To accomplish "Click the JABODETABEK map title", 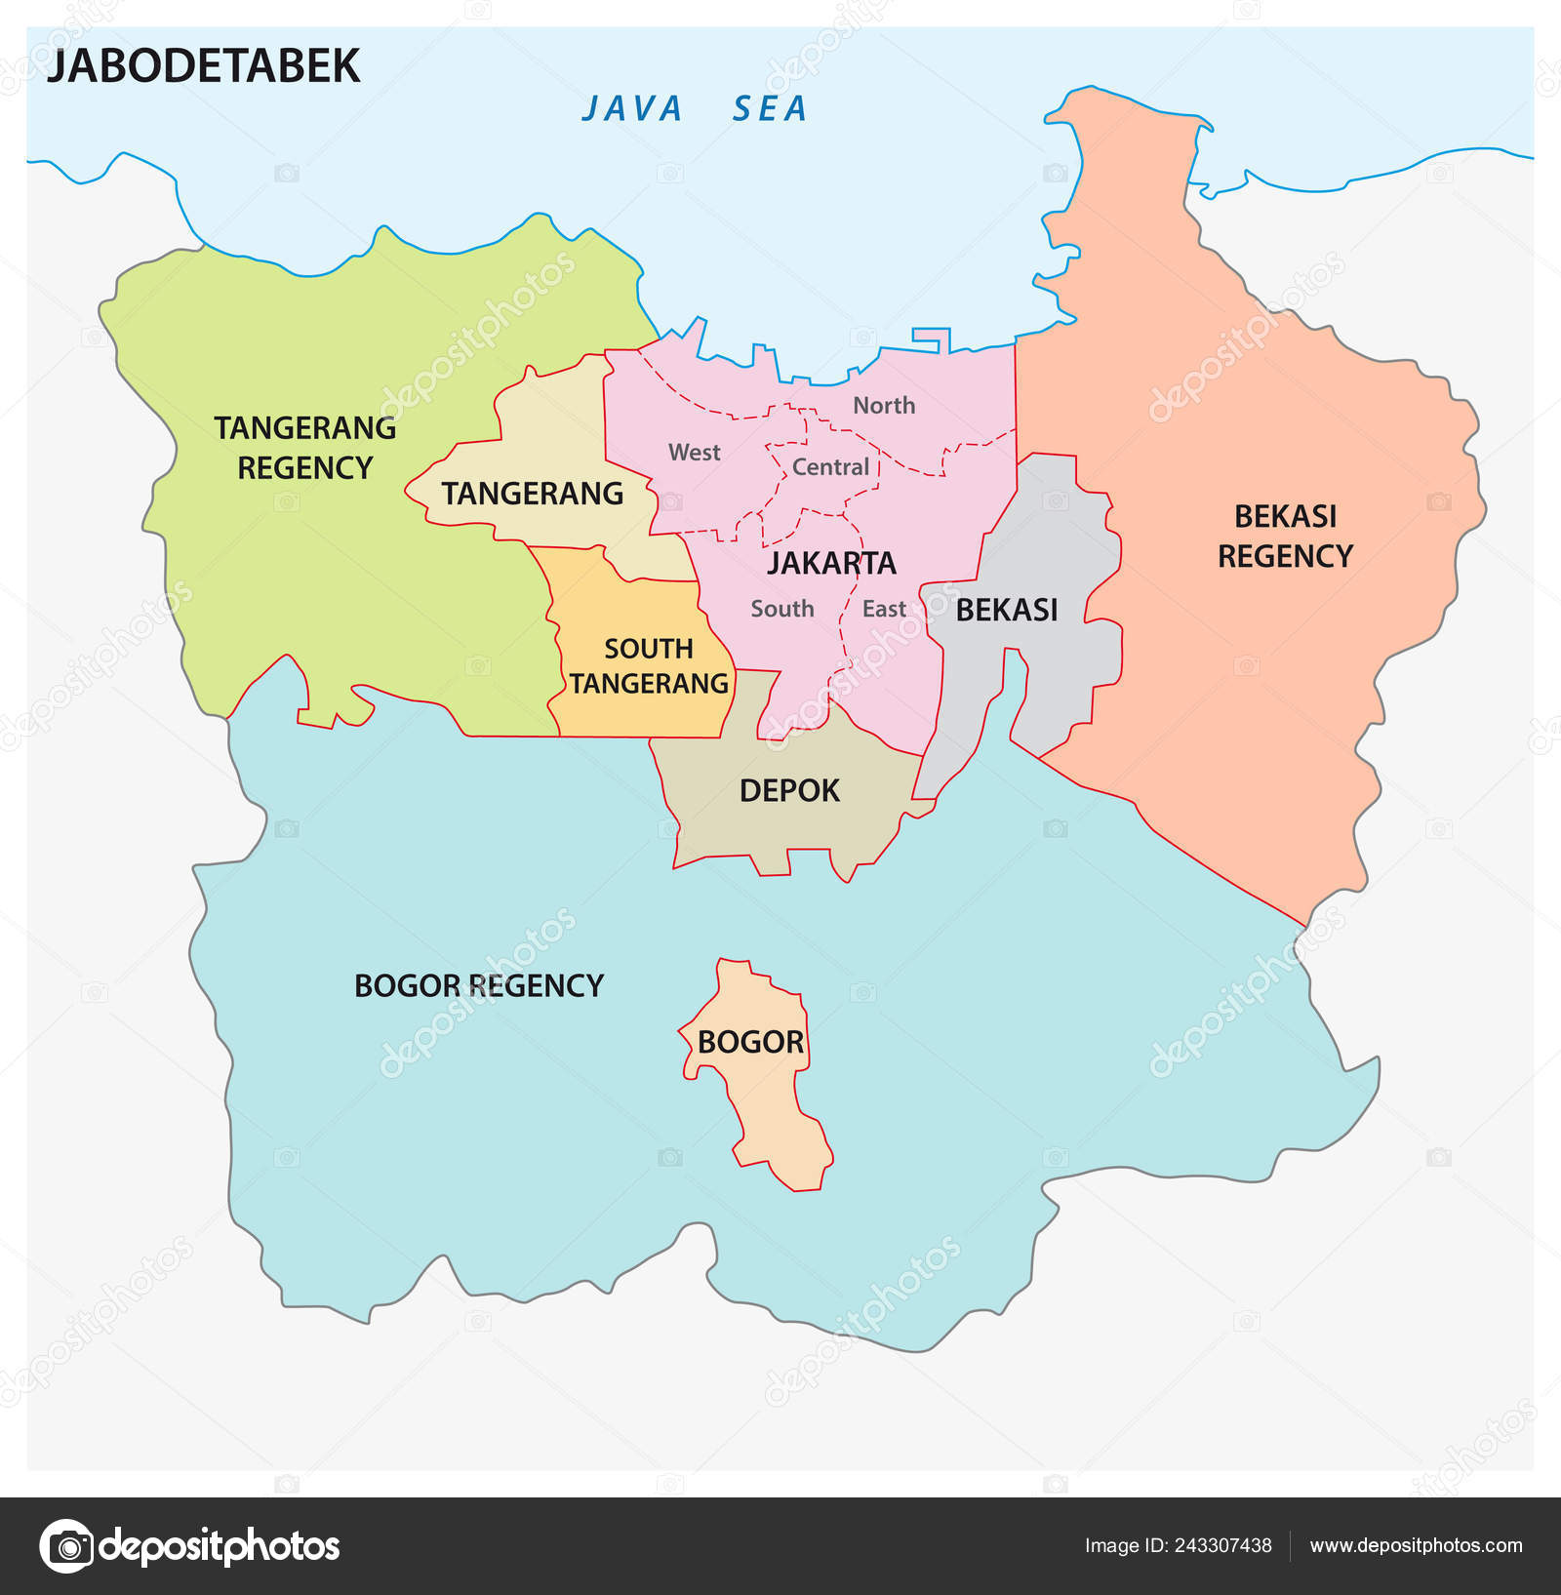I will [x=204, y=66].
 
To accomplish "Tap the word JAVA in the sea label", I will [x=632, y=108].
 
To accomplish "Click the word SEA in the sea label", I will [x=770, y=108].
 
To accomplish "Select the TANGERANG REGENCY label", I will [x=305, y=448].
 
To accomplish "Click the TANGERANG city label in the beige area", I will [x=532, y=494].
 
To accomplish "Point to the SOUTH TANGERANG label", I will [x=649, y=666].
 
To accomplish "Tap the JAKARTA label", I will [x=831, y=563].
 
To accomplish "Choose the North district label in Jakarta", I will [x=884, y=405].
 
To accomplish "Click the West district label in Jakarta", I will [x=694, y=452].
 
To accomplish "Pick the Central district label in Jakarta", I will [x=830, y=466].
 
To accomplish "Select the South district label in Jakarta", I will [x=781, y=609].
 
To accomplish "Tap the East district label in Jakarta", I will [x=884, y=609].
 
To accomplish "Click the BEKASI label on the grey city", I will [x=1007, y=610].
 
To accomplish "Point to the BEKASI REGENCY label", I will [x=1285, y=536].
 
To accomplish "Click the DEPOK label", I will [x=789, y=790].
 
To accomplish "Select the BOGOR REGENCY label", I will [x=479, y=985].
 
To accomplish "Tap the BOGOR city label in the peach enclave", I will [x=750, y=1042].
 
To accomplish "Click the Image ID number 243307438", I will [x=1222, y=1545].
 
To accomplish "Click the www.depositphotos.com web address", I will [x=1416, y=1545].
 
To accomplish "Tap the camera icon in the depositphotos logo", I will [x=67, y=1546].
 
